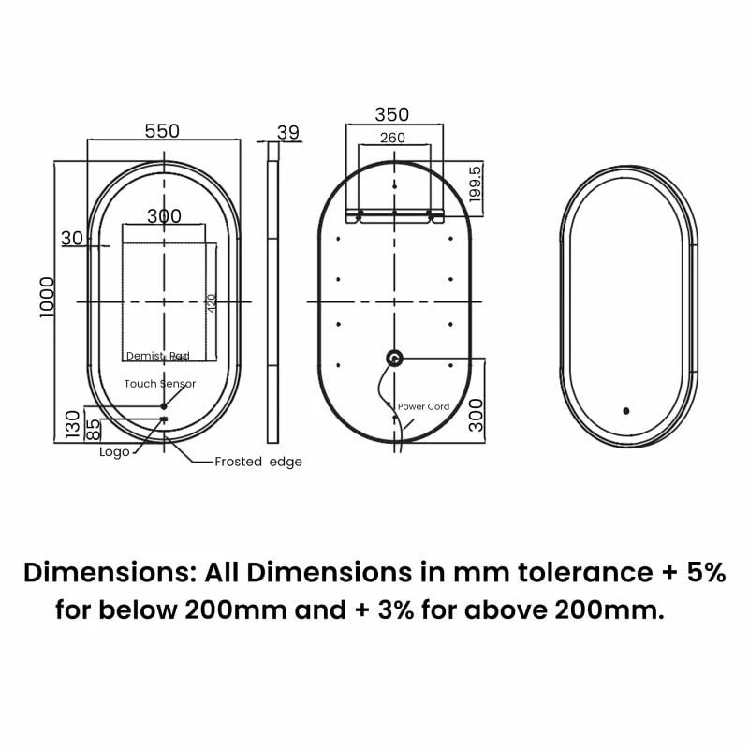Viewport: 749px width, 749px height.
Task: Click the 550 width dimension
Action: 162,131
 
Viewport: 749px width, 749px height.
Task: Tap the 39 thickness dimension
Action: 288,132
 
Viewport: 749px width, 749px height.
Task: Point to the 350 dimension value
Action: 392,114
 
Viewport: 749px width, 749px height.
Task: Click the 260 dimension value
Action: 392,138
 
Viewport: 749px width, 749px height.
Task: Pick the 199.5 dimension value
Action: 475,184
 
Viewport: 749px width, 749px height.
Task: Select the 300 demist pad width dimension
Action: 164,216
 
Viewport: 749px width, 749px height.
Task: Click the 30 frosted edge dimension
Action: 72,238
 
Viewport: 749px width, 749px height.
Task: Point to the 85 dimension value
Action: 93,429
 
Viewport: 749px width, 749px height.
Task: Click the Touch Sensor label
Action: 160,384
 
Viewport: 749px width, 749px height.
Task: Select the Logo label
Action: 114,452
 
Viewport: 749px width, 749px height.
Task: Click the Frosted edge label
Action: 258,462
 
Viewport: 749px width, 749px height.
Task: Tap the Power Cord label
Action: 423,406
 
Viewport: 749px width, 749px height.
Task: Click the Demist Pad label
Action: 158,356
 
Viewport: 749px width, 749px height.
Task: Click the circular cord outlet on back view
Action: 394,357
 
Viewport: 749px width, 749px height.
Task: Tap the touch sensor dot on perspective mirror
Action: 625,410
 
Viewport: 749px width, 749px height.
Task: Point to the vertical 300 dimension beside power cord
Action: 477,413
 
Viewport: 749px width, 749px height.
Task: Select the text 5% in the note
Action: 704,572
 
